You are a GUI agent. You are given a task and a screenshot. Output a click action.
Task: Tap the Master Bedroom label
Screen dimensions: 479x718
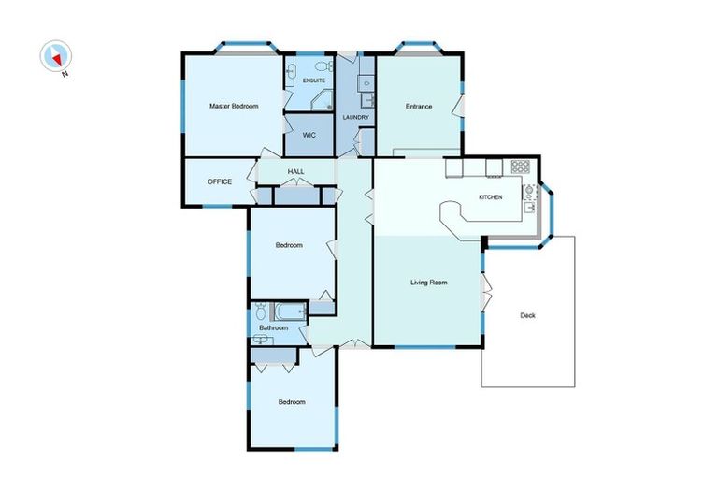233,107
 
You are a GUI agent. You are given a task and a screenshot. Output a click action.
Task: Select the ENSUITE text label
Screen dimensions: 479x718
313,81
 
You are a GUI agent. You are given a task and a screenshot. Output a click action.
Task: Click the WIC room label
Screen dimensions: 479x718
309,135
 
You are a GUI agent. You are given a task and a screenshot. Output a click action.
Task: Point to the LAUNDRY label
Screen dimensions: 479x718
356,117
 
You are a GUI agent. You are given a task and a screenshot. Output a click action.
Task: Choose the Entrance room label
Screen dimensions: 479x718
418,107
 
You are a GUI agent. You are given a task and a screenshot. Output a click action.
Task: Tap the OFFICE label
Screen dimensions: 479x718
219,181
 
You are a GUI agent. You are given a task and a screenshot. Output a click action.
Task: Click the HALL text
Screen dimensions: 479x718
295,172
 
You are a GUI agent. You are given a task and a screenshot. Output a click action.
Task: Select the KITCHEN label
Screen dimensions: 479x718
491,197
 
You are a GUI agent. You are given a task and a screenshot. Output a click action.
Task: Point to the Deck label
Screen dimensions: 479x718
528,315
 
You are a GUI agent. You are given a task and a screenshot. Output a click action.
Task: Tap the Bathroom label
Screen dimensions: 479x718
273,328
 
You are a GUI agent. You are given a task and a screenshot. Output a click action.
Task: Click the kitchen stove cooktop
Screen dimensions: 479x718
520,167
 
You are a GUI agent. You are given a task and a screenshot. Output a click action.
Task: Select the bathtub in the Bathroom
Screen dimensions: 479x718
289,311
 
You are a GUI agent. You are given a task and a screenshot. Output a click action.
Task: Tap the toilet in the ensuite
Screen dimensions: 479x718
323,67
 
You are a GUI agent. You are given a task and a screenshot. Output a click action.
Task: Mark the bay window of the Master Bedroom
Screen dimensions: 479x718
244,47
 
